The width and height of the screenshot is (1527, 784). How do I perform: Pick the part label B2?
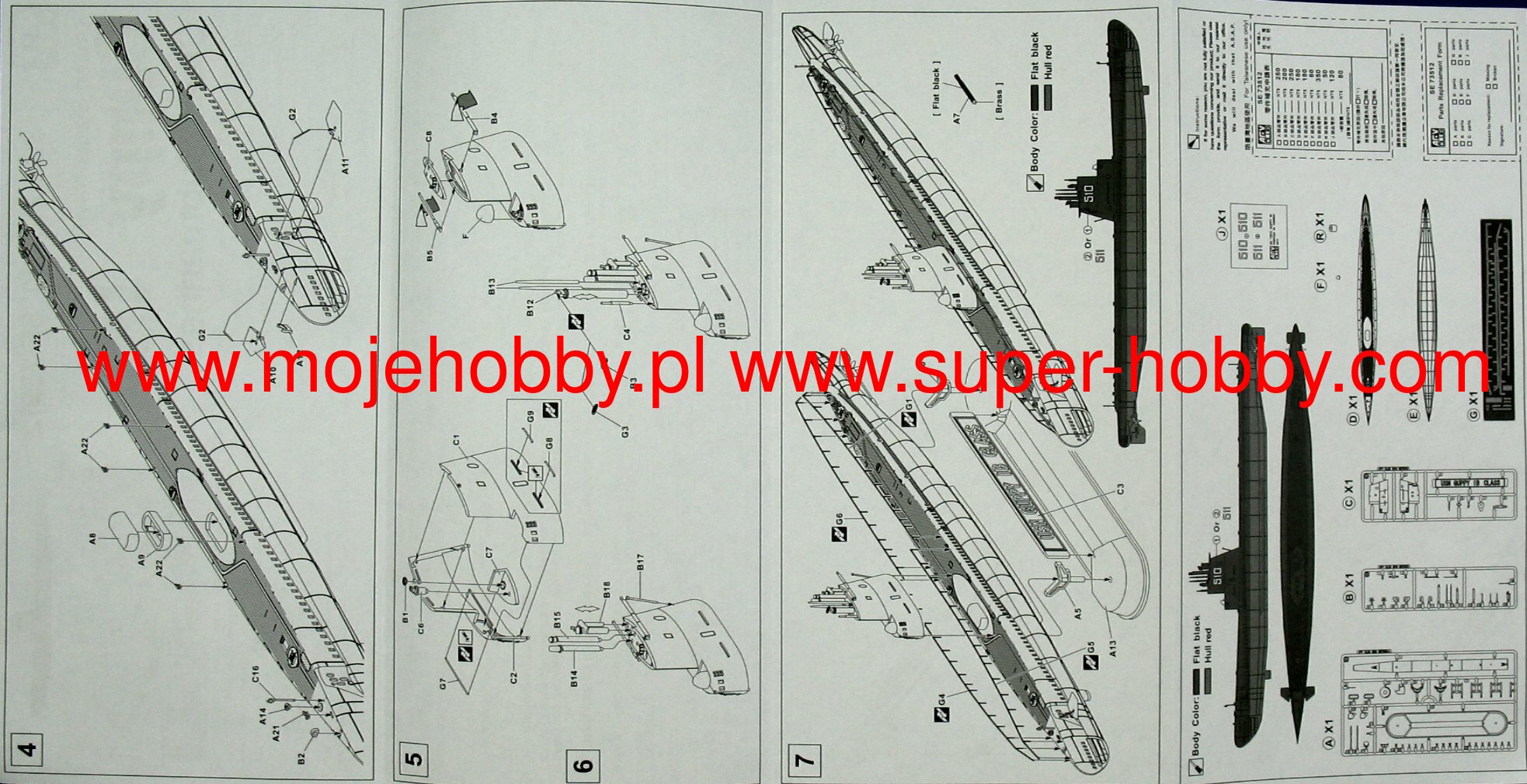(x=301, y=757)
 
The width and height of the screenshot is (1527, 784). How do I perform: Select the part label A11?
(x=346, y=166)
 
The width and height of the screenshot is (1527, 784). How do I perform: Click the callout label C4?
(x=627, y=334)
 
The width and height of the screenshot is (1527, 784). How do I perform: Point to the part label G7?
(x=443, y=685)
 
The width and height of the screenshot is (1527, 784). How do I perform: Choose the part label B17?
(x=640, y=563)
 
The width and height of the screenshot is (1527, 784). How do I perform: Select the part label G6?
(x=839, y=518)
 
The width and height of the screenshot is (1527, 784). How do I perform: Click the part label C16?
(x=256, y=674)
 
